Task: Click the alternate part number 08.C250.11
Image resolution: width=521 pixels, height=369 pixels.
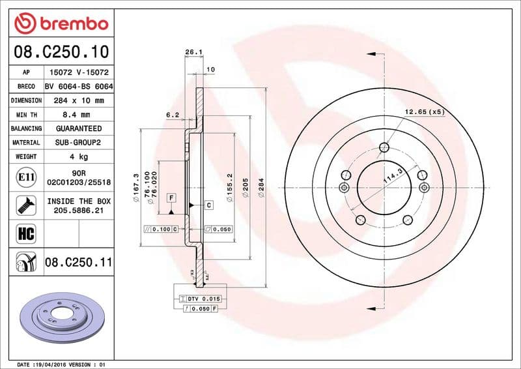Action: click(79, 263)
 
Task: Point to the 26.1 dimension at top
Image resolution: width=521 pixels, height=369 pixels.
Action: click(192, 52)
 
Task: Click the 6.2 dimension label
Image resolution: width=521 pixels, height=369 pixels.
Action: click(173, 115)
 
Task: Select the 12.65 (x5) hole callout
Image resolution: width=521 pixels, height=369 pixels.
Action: click(424, 112)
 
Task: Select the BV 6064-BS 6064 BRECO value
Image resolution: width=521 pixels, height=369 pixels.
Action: click(78, 87)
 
